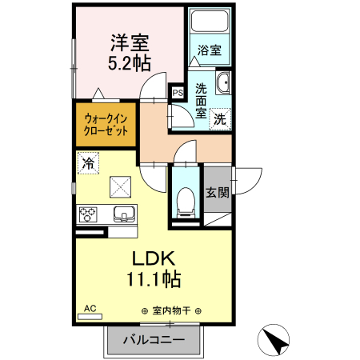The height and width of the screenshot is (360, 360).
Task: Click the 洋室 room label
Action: click(129, 41)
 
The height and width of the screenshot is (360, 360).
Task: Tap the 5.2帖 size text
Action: click(129, 62)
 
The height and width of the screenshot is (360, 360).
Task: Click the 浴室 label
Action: click(210, 50)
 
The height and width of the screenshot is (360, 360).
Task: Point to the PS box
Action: click(178, 93)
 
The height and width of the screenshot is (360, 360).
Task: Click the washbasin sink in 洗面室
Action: click(224, 82)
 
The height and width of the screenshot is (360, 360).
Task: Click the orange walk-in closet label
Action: click(106, 124)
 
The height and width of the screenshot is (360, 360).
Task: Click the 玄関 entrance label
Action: click(218, 192)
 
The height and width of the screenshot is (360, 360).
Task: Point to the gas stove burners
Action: click(88, 214)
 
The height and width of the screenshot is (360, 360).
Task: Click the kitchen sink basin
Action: click(125, 214)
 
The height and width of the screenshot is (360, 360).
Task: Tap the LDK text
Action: click(152, 259)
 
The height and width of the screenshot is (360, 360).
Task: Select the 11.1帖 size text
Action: click(152, 279)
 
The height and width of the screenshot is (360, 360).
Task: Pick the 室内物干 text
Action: click(170, 311)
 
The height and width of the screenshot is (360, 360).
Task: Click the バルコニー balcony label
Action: click(154, 339)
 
